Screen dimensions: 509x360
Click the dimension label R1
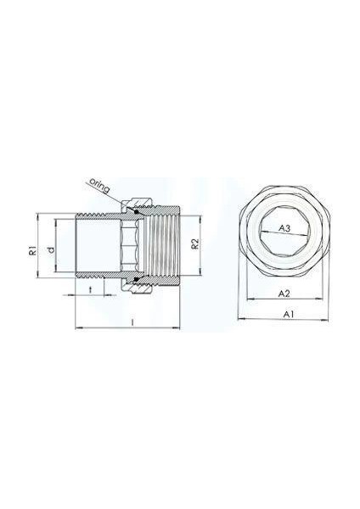pos(31,249)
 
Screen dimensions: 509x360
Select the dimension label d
pos(52,249)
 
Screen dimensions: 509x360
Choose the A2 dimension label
pos(286,293)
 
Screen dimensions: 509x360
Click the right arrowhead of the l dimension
pos(183,327)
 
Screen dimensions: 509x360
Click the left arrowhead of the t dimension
pos(76,295)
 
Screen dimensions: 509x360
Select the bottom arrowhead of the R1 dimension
pos(37,285)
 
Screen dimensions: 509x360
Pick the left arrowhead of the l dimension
pos(76,327)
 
